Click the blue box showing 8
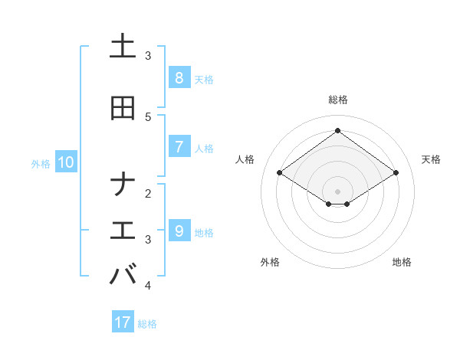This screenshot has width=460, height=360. [179, 78]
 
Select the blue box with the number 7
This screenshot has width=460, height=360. [179, 147]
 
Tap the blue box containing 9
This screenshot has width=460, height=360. [179, 231]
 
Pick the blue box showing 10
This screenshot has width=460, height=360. [65, 162]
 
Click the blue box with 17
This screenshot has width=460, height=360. [123, 322]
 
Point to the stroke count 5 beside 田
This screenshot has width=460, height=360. [148, 116]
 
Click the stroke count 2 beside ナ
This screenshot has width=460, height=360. [148, 193]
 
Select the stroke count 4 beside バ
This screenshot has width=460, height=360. [148, 285]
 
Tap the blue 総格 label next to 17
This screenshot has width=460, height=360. [147, 324]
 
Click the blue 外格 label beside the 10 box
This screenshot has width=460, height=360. [40, 163]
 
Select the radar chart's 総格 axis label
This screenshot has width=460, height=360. [337, 100]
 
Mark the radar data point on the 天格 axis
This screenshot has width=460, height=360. [396, 173]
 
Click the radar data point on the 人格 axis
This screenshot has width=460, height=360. [279, 173]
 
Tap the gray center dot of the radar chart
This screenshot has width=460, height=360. [337, 191]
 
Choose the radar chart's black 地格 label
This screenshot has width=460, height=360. [402, 262]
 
